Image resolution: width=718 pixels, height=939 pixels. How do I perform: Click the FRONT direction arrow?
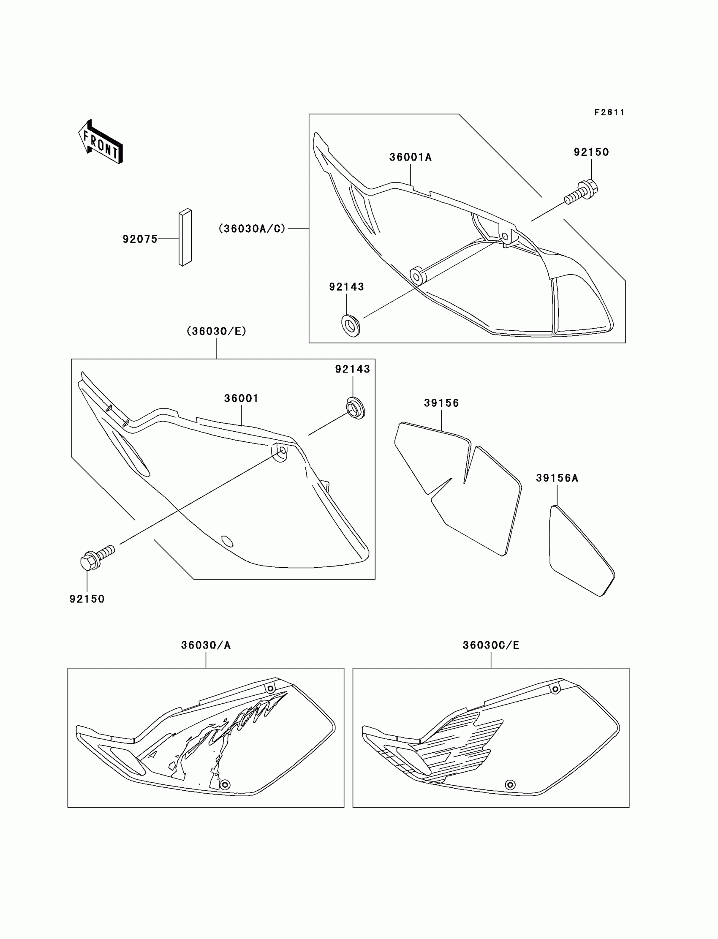101,142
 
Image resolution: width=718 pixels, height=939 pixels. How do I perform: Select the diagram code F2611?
609,112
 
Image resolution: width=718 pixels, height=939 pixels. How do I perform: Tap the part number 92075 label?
140,239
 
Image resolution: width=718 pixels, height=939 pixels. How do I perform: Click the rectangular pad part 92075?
185,237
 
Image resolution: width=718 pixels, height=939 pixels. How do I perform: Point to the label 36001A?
410,157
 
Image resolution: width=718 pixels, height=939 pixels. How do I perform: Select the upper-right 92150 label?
591,152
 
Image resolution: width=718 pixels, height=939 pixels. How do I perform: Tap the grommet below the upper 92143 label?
351,326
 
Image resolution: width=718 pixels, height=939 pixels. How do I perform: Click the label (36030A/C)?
252,229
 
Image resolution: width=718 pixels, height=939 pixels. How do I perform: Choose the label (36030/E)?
217,331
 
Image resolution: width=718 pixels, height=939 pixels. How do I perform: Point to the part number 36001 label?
242,398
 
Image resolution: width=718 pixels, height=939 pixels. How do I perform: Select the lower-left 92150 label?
87,599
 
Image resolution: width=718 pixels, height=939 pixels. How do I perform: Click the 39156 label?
441,403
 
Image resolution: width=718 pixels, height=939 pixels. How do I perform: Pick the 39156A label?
558,478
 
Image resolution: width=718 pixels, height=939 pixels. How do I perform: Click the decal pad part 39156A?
581,551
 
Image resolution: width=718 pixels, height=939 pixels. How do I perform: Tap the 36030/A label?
206,645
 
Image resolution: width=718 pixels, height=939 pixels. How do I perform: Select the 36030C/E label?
491,645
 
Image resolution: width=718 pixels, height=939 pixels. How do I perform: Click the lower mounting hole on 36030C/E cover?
510,785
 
